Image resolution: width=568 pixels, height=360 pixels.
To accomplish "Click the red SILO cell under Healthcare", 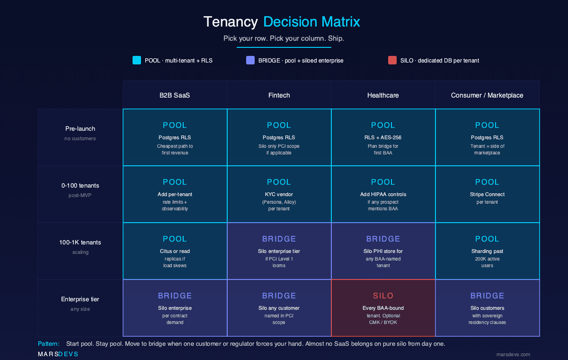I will point(383,308).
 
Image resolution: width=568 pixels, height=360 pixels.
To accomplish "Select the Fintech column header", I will point(279,95).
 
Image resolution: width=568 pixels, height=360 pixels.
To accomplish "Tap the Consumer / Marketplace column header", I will point(487,95).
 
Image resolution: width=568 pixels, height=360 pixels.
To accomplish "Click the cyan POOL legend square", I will point(137,60).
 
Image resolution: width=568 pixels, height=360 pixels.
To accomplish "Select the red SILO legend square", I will point(392,60).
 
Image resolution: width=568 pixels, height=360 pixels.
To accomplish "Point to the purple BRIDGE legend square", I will point(250,60).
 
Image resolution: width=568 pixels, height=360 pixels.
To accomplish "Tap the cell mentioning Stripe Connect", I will point(487,194).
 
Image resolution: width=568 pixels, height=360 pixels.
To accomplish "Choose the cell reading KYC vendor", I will point(279,194).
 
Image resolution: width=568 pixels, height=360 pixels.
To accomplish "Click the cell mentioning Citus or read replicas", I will point(175,251).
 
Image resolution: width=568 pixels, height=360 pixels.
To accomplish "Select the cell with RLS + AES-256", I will point(383,137).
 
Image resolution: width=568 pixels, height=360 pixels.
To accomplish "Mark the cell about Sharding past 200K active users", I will point(487,251).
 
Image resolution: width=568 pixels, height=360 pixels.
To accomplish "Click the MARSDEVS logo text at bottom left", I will point(58,354).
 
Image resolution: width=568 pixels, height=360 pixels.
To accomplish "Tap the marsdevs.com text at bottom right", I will point(513,354).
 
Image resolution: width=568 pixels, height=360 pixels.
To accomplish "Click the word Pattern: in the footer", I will point(49,343).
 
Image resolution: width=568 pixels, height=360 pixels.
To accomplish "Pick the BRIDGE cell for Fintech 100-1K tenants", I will point(279,251).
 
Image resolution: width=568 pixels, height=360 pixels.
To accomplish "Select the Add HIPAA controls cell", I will point(383,194).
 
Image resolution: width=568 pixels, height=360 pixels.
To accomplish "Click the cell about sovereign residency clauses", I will point(487,308).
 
